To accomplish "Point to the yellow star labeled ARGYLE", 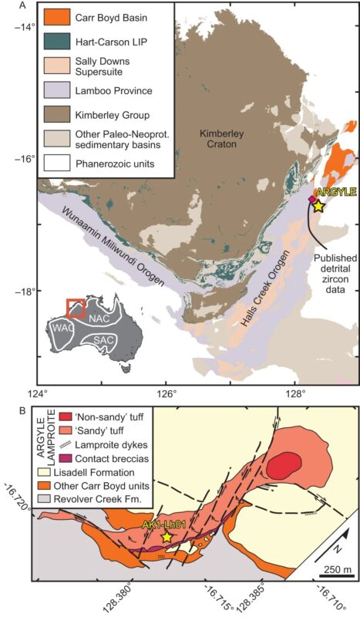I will [318, 206].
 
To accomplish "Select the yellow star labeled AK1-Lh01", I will [167, 536].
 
